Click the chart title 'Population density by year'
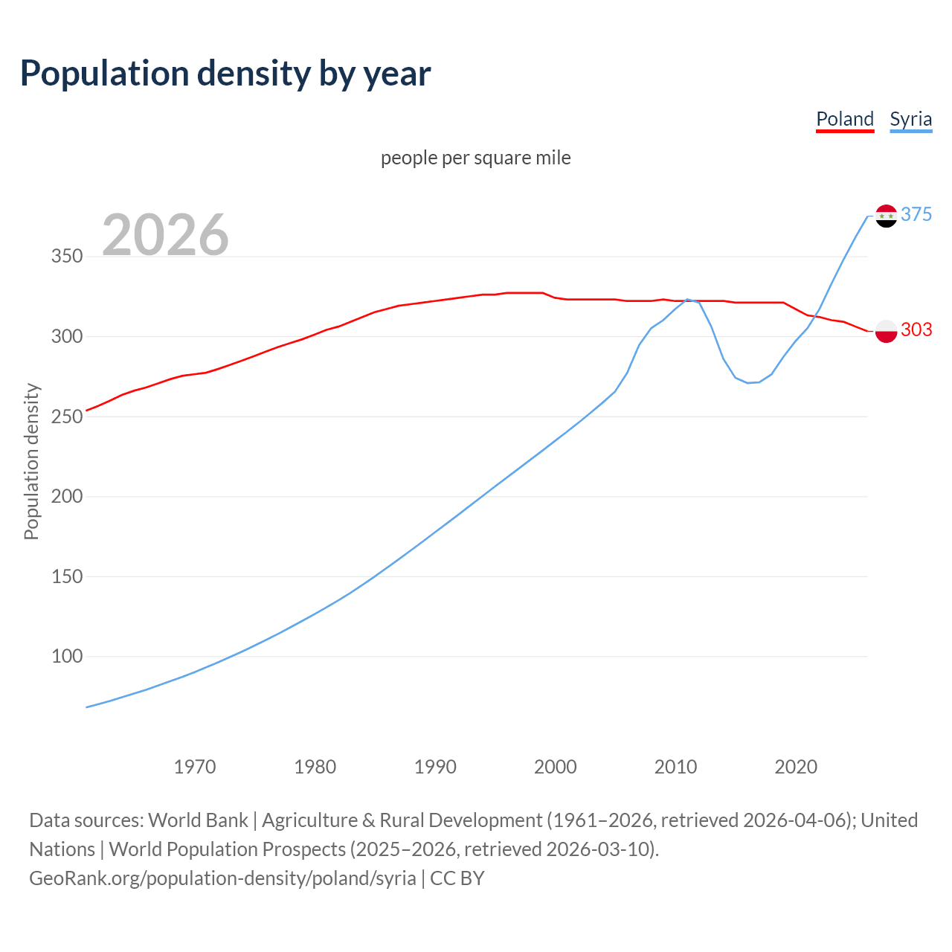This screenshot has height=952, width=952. tap(225, 74)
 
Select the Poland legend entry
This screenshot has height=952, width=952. tap(844, 119)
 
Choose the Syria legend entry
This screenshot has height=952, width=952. tap(910, 119)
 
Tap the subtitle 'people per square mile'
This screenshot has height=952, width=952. tap(475, 158)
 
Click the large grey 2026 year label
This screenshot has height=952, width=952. tap(165, 235)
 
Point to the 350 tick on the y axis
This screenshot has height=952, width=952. tap(66, 257)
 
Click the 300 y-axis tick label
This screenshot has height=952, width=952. tap(66, 336)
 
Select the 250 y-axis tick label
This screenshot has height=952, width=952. tap(66, 416)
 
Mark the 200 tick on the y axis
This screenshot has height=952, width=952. tap(66, 496)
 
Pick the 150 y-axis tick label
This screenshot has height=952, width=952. tap(66, 576)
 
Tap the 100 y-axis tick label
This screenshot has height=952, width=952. tap(66, 656)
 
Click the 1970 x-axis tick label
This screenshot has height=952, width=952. tap(195, 766)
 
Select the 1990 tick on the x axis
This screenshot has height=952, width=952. tap(435, 766)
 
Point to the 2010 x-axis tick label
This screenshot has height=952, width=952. tap(675, 766)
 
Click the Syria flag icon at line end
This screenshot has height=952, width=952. tap(886, 216)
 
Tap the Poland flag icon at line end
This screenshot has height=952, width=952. tap(886, 331)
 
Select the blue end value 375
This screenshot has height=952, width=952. tap(916, 214)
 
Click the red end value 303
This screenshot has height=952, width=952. tap(916, 329)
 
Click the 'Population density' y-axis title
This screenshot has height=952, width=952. tap(31, 461)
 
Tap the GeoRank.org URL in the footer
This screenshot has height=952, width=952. tap(222, 878)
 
